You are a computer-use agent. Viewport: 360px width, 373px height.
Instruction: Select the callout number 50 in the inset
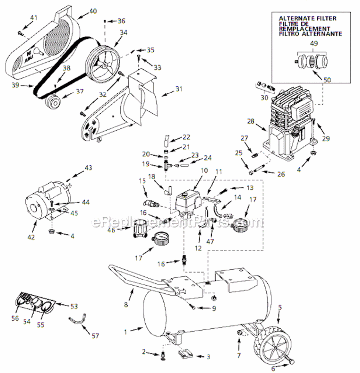pyautogui.click(x=327, y=79)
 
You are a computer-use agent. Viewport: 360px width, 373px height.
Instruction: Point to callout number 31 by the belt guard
pyautogui.click(x=179, y=89)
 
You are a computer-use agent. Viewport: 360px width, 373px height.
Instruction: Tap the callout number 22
pyautogui.click(x=186, y=137)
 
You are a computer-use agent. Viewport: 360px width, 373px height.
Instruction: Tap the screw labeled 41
pyautogui.click(x=20, y=33)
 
